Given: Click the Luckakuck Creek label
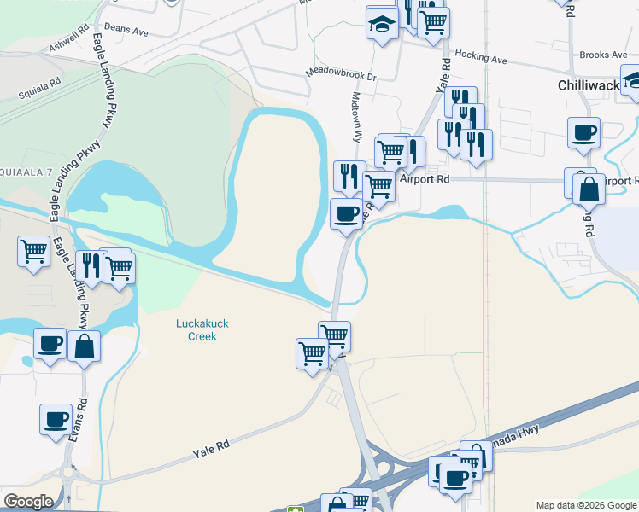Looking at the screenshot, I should [196, 329].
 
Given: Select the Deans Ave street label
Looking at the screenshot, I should [126, 30].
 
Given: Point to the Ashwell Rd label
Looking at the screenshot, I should [68, 38].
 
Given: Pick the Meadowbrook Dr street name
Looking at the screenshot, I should [341, 75].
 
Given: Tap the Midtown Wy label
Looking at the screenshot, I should [355, 119].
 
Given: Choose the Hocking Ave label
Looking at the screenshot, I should [481, 59].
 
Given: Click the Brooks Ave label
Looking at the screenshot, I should [603, 55].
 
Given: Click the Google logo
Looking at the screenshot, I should [28, 502].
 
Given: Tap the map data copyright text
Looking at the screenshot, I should [586, 505].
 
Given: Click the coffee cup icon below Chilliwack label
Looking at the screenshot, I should [584, 132].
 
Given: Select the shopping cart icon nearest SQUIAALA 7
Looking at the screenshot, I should [33, 252].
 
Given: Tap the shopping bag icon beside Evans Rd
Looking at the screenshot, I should [85, 346].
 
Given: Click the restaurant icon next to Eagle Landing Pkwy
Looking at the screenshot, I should [90, 265].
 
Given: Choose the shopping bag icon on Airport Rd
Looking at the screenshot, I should [589, 189].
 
